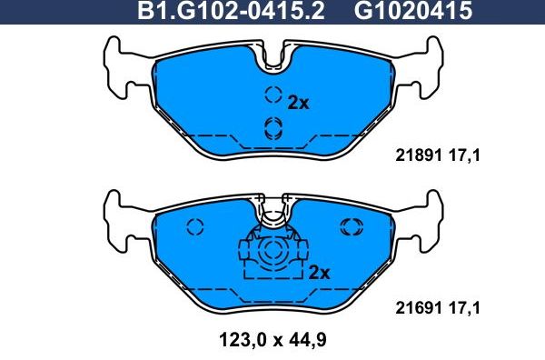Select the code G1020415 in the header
(x=399, y=13)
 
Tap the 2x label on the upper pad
(x=299, y=103)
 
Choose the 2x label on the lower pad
(x=319, y=272)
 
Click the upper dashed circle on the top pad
(x=272, y=95)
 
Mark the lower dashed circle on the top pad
(x=272, y=126)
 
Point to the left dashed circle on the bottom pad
(x=194, y=227)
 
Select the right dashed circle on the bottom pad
(x=350, y=227)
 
